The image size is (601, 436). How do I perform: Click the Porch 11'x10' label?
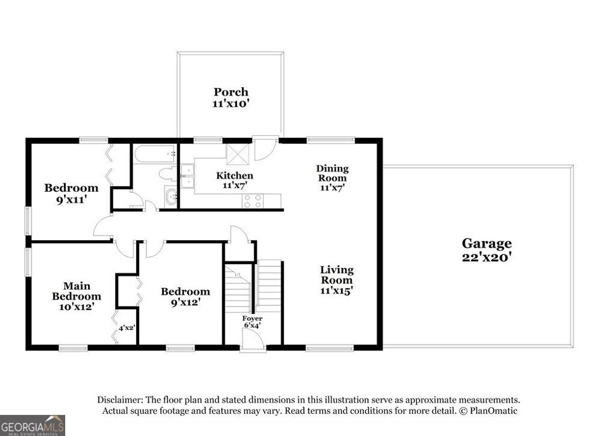231,97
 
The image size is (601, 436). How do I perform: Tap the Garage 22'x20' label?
487,250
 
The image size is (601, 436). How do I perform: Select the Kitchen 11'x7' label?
235,180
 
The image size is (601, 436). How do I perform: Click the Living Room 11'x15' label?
336,280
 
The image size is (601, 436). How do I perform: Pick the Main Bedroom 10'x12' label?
77,296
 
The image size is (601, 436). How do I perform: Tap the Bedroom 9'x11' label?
71,193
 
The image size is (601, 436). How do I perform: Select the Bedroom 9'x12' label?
185,297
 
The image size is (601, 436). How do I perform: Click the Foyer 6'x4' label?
252,322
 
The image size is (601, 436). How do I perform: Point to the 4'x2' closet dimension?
127,328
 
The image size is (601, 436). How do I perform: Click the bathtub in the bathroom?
155,154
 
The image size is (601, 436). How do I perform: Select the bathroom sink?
171,197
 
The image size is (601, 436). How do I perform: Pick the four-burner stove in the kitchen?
253,201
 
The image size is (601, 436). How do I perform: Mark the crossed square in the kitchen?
238,153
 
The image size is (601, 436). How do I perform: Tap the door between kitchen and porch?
265,148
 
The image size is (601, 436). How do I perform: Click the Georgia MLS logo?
32,425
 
